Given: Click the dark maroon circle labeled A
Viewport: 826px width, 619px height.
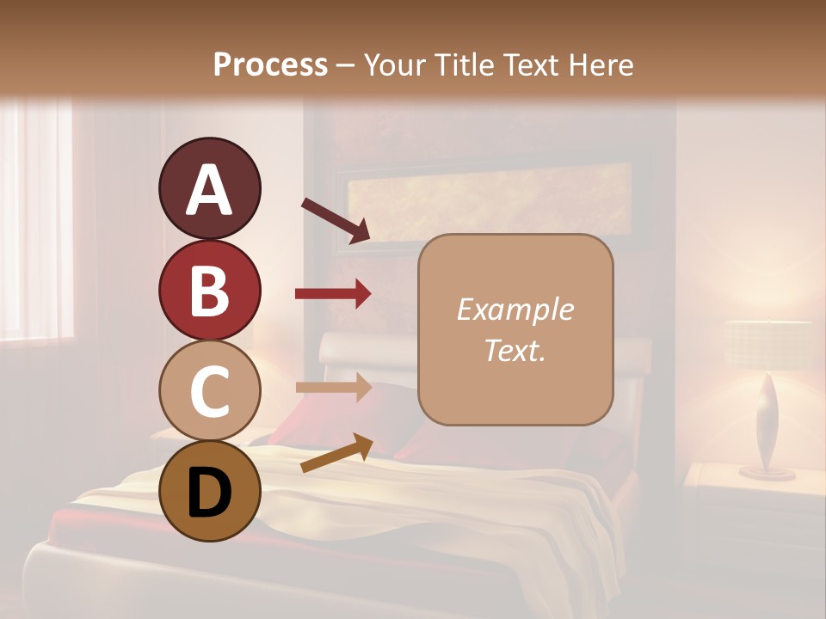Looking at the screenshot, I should [x=209, y=189].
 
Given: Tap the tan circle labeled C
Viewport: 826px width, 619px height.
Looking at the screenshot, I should [x=209, y=390].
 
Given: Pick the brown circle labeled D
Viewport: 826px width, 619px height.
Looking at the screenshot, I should [x=209, y=491].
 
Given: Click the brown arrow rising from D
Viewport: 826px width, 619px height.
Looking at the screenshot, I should [x=336, y=453].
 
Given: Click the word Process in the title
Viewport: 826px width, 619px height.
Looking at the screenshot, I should [x=270, y=64].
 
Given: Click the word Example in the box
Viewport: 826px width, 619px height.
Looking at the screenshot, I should [x=515, y=309].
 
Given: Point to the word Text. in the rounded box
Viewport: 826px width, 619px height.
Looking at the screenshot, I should [x=515, y=350].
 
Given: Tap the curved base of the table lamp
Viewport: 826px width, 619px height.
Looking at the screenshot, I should [x=767, y=430].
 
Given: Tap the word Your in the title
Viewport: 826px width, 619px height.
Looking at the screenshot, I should [x=393, y=64].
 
